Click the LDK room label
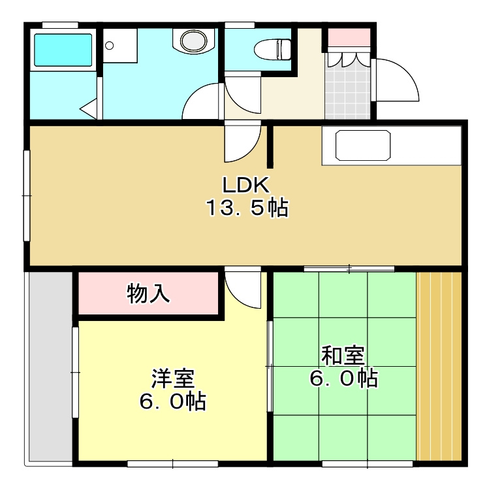point(245,185)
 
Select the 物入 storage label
point(148,294)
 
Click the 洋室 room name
point(173,378)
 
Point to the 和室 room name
point(343,356)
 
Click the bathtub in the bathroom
point(63,50)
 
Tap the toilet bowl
point(273,49)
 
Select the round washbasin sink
point(194,41)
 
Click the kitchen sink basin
point(363,145)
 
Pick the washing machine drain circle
point(109,46)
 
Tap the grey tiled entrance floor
point(347,86)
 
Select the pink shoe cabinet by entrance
point(349,37)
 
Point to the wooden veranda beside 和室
point(439,366)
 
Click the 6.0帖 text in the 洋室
point(172,401)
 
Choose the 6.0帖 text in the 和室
point(343,379)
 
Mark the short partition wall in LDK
point(270,147)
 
